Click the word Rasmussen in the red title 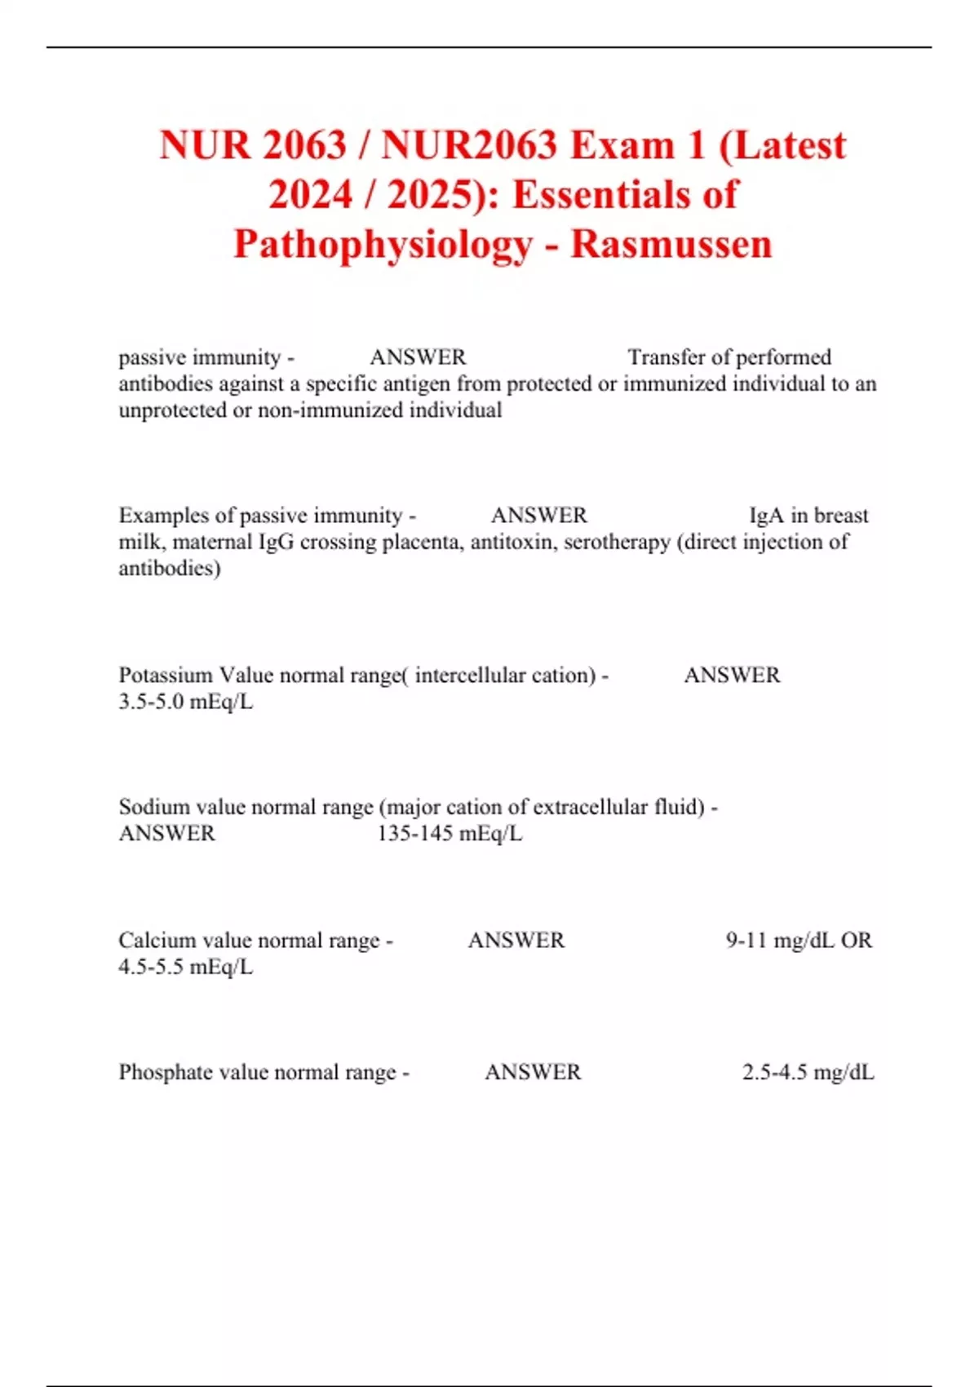click(671, 244)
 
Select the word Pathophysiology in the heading click(383, 244)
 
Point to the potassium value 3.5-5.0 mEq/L click(185, 702)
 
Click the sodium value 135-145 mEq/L click(450, 834)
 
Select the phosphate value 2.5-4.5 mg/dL click(808, 1072)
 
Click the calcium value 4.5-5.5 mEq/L click(185, 967)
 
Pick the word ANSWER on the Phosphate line click(533, 1072)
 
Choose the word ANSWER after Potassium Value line click(732, 676)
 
